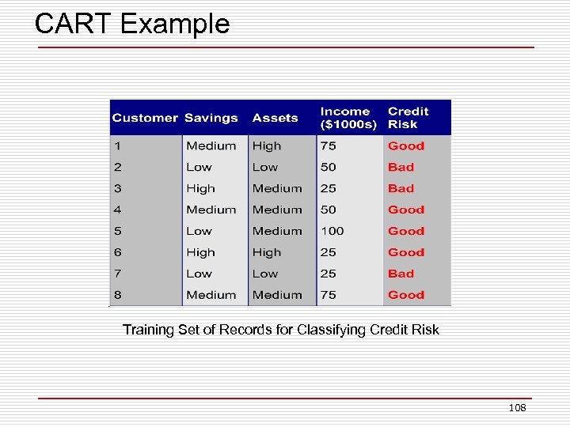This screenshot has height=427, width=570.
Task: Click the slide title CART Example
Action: (132, 24)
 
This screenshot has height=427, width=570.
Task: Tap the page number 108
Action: (517, 408)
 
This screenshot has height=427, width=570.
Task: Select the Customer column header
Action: (145, 118)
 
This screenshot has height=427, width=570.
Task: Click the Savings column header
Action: (211, 118)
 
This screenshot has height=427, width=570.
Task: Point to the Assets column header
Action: (275, 118)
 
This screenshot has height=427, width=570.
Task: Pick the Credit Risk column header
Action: (408, 118)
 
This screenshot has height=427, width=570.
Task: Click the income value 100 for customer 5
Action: (332, 231)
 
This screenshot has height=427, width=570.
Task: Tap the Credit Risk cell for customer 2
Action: (401, 167)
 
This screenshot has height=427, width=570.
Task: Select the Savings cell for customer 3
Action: (200, 188)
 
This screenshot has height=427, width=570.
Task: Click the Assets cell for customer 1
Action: (267, 145)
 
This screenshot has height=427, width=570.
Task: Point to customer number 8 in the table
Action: (117, 295)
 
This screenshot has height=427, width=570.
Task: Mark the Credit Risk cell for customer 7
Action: (401, 274)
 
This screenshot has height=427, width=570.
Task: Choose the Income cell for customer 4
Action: (328, 210)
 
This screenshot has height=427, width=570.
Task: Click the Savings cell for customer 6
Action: (200, 252)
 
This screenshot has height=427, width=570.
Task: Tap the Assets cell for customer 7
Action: (265, 274)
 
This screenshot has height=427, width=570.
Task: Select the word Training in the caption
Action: (148, 330)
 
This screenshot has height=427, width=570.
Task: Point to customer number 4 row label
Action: (117, 210)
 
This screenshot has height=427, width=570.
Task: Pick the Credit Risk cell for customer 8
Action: (405, 295)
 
